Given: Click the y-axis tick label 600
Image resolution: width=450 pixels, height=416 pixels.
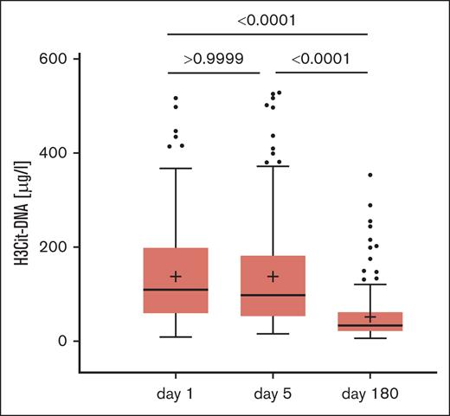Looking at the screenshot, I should [55, 59].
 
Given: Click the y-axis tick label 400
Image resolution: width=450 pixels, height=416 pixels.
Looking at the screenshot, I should [55, 153].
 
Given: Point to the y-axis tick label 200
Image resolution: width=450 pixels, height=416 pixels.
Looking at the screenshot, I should [55, 247].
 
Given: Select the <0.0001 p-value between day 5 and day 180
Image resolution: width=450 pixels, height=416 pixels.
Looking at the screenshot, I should [321, 60].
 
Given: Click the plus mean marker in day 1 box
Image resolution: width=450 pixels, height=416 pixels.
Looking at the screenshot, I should [176, 277].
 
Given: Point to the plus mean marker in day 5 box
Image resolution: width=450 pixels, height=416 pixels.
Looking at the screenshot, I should [273, 277].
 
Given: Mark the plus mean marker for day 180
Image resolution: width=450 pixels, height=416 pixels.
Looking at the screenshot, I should [370, 317].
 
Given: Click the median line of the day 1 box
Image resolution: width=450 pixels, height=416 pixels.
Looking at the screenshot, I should [176, 289].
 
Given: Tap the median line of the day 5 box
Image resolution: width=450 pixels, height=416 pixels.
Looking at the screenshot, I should [273, 295].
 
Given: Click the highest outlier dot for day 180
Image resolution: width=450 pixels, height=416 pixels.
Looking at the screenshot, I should [370, 176].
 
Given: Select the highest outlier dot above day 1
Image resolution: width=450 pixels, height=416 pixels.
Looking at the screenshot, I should [176, 99].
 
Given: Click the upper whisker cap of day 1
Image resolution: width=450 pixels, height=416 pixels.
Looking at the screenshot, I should [176, 169].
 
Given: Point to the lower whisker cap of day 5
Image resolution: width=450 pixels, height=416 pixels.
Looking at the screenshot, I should [273, 334].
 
